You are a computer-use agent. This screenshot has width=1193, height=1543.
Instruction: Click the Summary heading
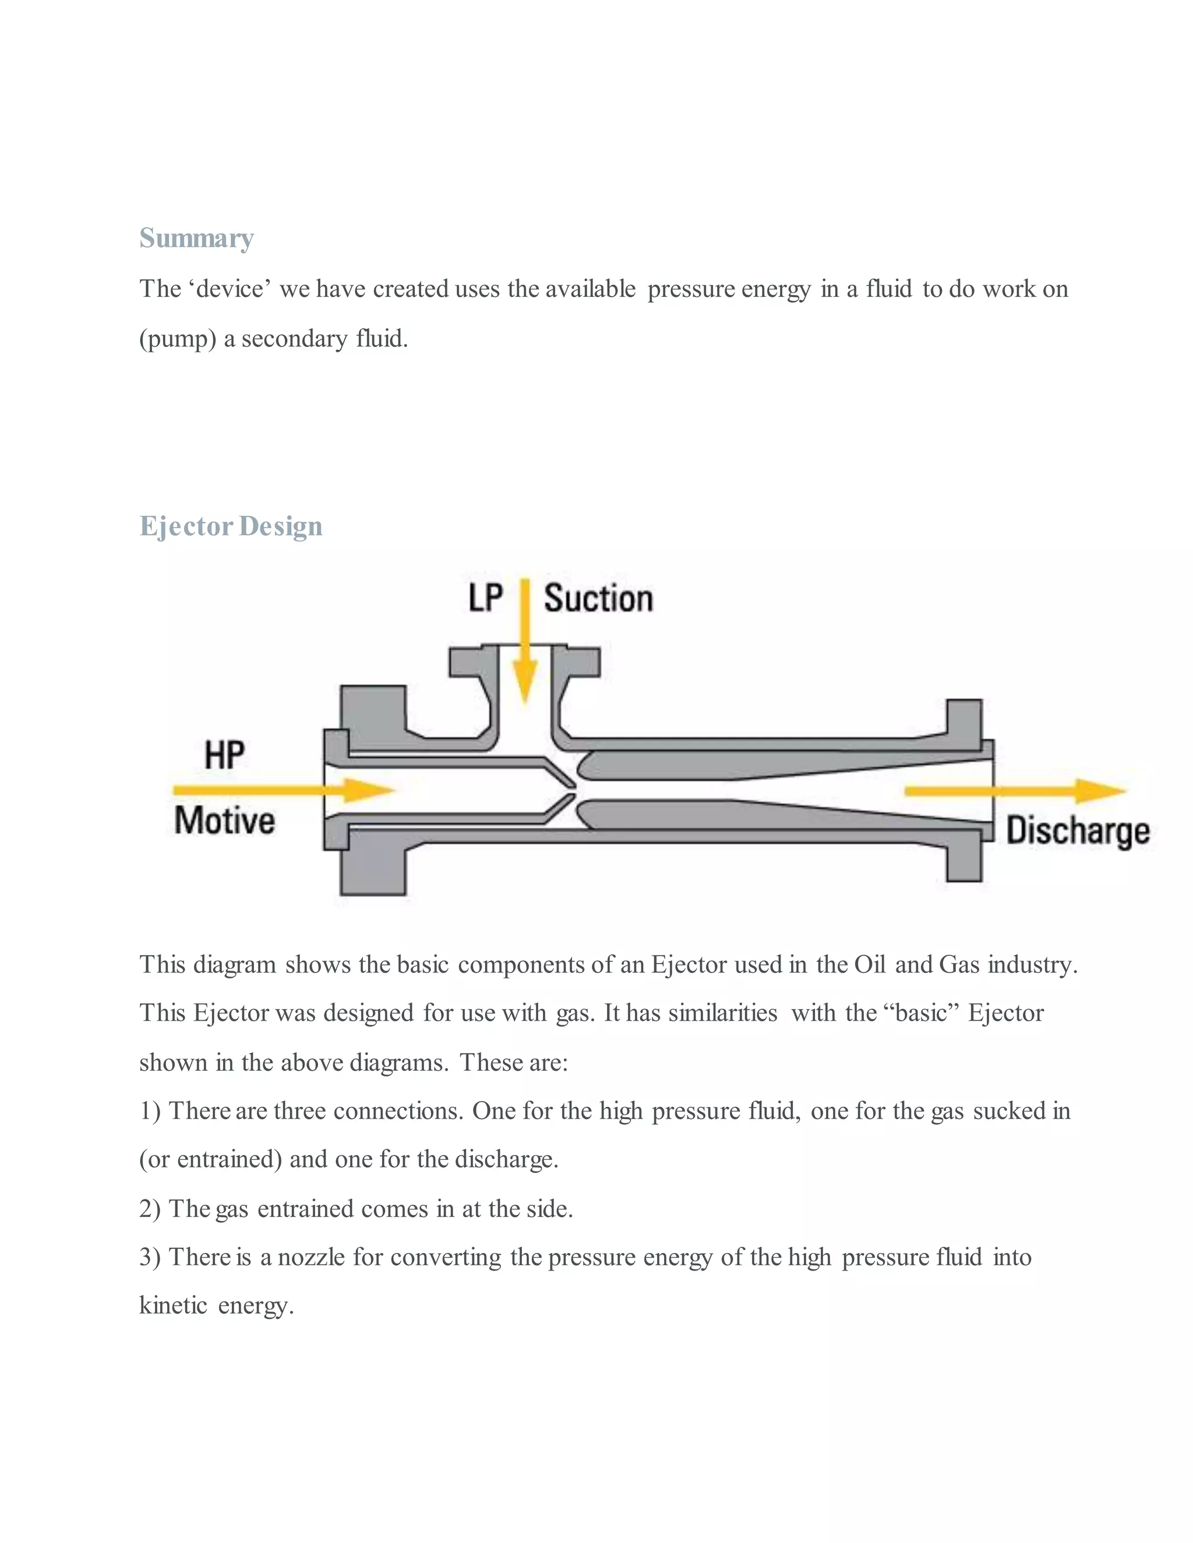(x=196, y=238)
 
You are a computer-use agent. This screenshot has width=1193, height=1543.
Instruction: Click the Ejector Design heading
(x=231, y=526)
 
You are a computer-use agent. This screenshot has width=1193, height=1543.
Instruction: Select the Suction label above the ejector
(x=598, y=599)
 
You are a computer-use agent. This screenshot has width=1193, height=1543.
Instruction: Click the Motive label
(x=224, y=821)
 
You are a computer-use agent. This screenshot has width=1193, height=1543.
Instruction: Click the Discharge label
(x=1076, y=830)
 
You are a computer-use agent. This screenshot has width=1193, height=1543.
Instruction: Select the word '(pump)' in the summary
(x=178, y=339)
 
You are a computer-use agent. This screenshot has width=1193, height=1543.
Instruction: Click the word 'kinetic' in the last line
(x=173, y=1305)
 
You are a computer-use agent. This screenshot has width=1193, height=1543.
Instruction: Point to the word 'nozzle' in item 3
(x=311, y=1257)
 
